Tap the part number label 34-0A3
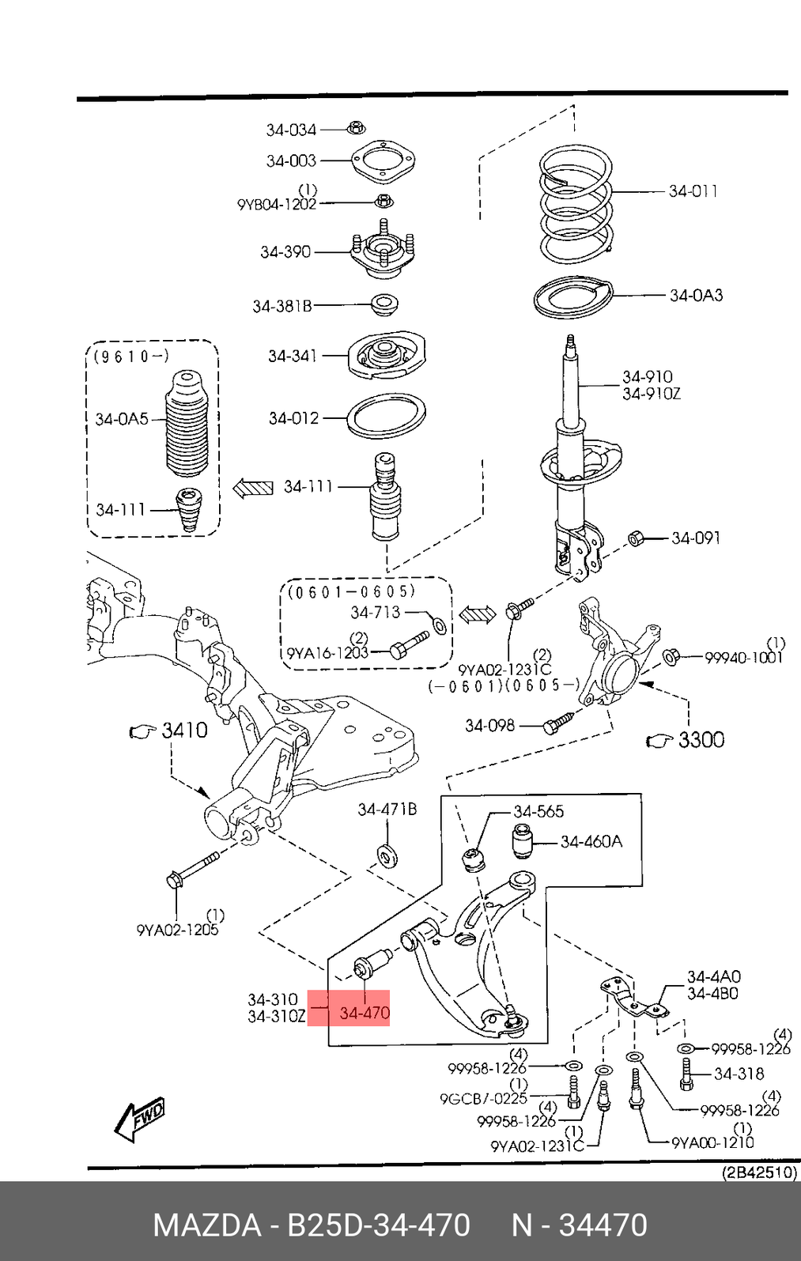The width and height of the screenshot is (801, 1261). click(696, 296)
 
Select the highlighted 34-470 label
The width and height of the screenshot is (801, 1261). click(365, 1013)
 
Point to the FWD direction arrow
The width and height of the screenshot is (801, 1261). click(141, 1119)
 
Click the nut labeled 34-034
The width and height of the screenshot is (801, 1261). click(357, 127)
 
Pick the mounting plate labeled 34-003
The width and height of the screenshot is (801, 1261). click(383, 163)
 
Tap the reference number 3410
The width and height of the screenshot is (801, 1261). click(184, 730)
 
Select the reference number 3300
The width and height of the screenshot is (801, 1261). click(701, 740)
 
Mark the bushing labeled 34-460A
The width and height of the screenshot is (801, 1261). click(521, 841)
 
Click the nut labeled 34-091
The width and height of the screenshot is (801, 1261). click(635, 539)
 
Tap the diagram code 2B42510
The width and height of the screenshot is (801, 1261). click(759, 1172)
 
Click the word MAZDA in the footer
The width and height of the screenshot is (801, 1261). click(206, 1225)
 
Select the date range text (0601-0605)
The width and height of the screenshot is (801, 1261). click(351, 591)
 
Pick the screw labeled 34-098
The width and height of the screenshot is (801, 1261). click(558, 723)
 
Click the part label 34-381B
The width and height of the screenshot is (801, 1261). click(282, 306)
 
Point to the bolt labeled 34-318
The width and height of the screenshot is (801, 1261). click(686, 1074)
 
